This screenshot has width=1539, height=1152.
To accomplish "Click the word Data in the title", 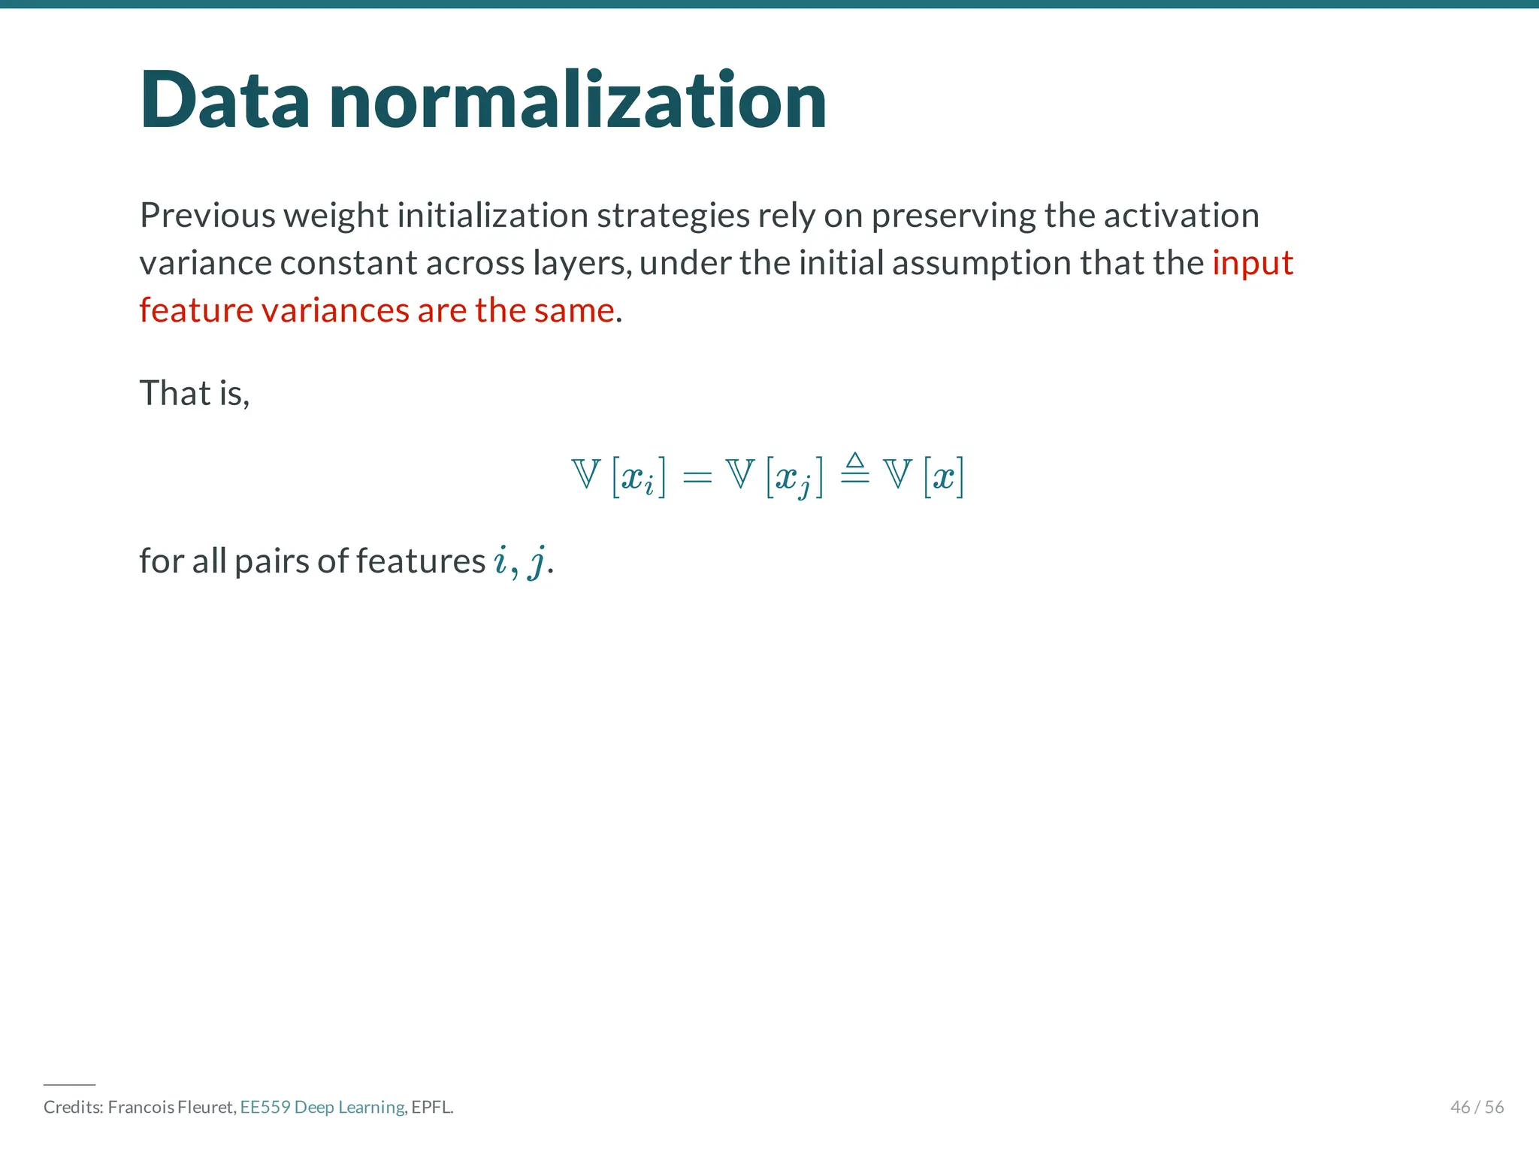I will pos(224,101).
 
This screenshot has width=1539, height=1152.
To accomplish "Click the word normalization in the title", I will pos(577,101).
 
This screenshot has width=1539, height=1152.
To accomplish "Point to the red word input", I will pos(1252,263).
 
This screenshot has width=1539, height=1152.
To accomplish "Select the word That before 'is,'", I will pos(174,393).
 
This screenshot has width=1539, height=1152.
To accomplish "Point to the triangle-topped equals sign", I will pos(854,470).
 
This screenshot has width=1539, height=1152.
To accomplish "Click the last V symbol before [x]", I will pos(897,474).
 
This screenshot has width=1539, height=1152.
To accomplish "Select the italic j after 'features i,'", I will pos(536,561).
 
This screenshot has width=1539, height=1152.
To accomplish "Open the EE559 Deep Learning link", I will pos(322,1107).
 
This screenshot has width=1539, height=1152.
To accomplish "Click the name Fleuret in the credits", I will pos(206,1107).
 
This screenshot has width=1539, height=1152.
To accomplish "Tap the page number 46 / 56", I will pos(1476,1107).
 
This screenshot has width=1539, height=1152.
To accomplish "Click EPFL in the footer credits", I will pos(431,1107).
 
